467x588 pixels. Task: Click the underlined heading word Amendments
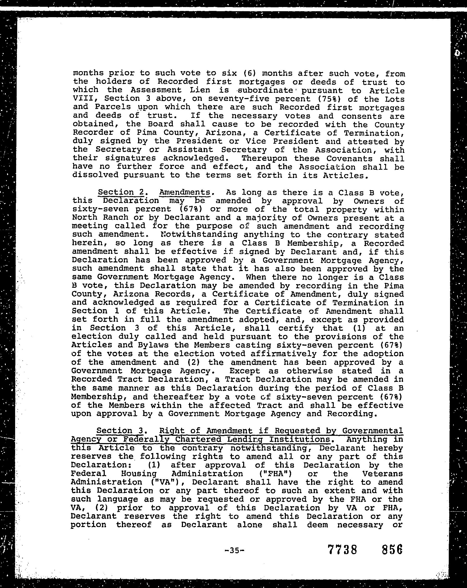[185, 193]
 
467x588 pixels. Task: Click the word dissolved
[95, 175]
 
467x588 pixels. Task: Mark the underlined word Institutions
[299, 440]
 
